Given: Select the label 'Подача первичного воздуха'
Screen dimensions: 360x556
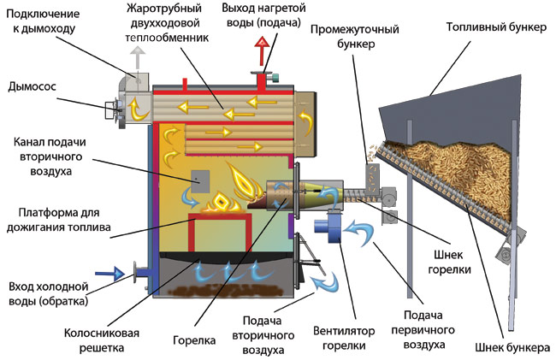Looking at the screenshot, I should coord(417,330).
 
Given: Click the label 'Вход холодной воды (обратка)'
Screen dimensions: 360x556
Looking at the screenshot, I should coord(49,293).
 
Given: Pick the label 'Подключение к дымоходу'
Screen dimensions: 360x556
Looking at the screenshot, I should coord(43,21).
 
